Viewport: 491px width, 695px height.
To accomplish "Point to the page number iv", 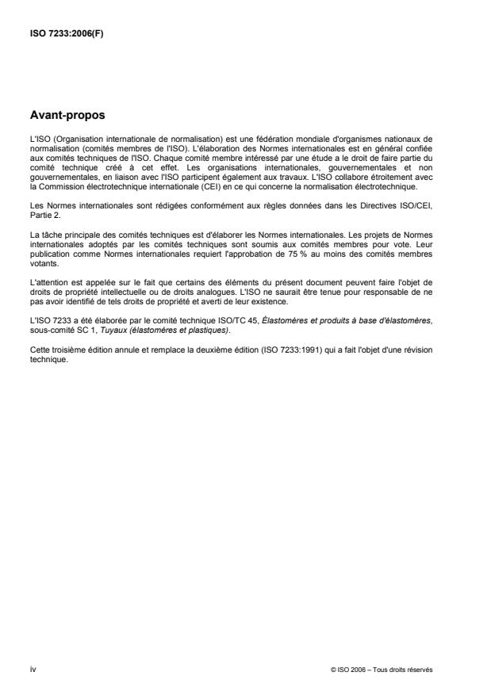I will coord(33,670).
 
